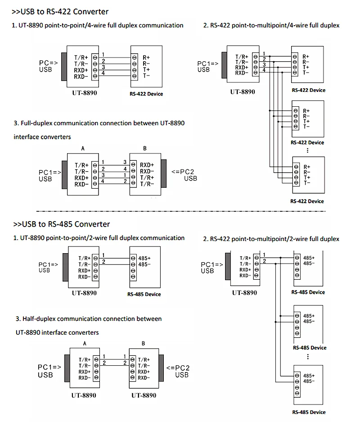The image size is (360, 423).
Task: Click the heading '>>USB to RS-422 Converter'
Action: [60, 12]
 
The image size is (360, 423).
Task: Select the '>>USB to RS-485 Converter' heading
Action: [62, 224]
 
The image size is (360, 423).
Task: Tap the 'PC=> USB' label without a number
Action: [48, 66]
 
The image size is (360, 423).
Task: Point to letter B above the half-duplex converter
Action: [144, 343]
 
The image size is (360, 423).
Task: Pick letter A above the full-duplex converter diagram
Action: [83, 148]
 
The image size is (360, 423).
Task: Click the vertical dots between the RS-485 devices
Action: [308, 357]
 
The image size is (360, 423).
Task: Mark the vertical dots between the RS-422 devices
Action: [307, 150]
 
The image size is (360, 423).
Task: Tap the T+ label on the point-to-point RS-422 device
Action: [146, 70]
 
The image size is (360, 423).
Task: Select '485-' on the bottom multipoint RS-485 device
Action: [309, 381]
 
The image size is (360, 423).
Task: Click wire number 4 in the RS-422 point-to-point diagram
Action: [103, 73]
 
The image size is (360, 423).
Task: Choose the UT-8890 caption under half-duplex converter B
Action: [144, 396]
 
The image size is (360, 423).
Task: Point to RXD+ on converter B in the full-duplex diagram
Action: [147, 165]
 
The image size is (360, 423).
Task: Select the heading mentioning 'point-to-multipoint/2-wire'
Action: [271, 239]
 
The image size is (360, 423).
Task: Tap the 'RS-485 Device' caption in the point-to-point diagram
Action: [144, 294]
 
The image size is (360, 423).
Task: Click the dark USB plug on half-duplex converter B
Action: [162, 368]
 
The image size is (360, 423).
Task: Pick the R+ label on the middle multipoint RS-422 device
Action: [306, 111]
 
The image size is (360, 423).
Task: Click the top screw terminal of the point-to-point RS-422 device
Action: [134, 58]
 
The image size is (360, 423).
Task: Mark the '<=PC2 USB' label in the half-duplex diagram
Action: [178, 371]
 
